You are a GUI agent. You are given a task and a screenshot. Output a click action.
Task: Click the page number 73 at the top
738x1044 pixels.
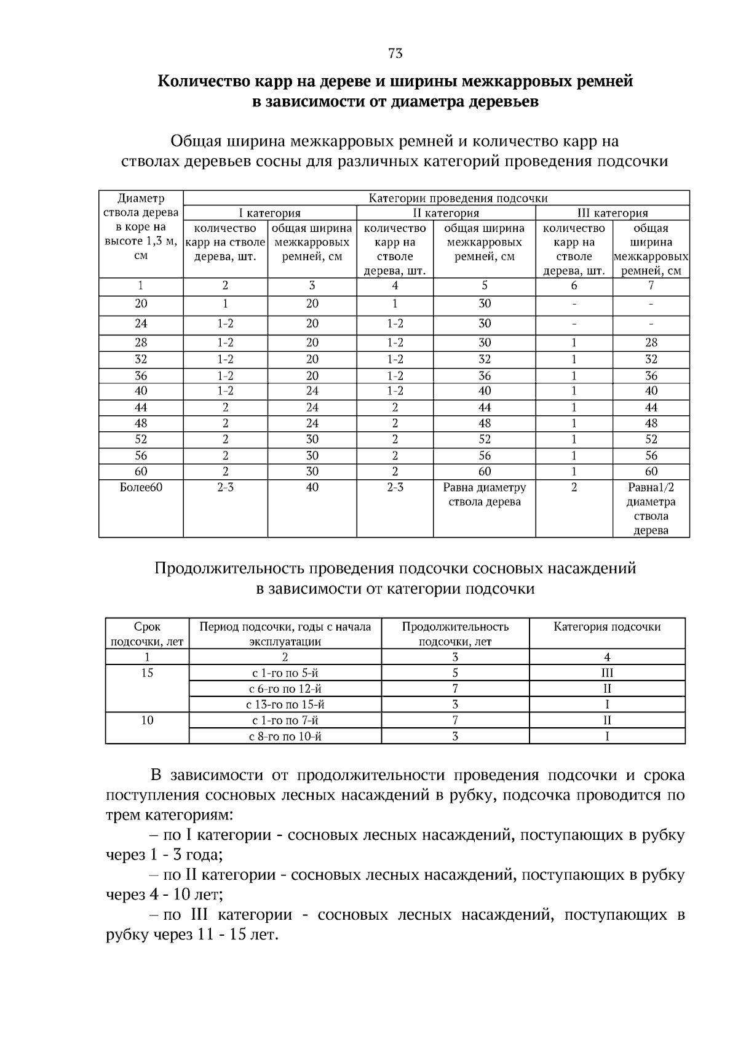(x=395, y=54)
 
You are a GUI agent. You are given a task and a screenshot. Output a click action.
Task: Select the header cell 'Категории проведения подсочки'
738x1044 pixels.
(x=458, y=198)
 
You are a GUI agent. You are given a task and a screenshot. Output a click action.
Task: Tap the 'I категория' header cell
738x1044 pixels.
(x=269, y=213)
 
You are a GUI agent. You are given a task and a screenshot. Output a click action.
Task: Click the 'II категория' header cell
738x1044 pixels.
(x=445, y=213)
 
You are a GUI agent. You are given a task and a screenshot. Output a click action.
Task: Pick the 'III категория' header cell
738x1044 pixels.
(x=613, y=213)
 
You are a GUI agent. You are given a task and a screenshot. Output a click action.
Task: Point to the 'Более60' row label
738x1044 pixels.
(x=141, y=487)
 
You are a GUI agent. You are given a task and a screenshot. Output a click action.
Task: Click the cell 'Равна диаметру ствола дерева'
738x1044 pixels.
(x=485, y=495)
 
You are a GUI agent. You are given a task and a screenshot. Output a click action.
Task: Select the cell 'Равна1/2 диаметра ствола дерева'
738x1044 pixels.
(x=651, y=509)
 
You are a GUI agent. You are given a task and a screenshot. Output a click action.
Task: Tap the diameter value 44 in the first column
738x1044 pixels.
(x=141, y=407)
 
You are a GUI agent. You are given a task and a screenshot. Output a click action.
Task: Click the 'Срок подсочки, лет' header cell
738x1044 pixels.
(x=147, y=634)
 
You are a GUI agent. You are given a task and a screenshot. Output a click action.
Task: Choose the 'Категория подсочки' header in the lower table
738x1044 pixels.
(x=607, y=627)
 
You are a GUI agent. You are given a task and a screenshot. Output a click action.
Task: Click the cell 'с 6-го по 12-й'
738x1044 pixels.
(x=285, y=689)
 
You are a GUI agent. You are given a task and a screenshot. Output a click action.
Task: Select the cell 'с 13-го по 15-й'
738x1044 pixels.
(x=285, y=705)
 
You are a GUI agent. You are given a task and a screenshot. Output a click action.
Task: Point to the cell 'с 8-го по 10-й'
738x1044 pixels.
(x=285, y=736)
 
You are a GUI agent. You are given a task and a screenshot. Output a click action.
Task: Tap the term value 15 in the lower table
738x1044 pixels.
(x=147, y=673)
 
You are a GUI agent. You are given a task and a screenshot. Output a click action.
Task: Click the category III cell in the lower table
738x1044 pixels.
(x=607, y=673)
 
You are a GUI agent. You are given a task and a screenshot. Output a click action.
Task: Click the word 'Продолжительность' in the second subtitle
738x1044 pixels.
(x=230, y=568)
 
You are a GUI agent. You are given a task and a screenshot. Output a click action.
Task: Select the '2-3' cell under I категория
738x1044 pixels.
(x=225, y=487)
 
